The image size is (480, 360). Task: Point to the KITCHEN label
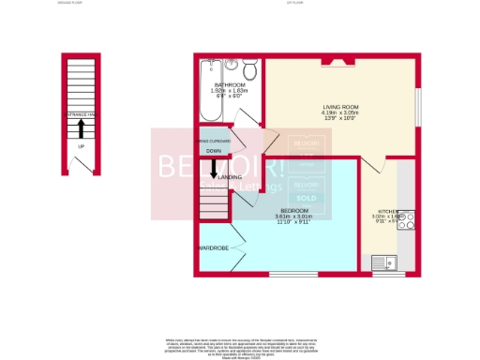click(x=387, y=212)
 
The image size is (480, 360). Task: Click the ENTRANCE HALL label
click(x=81, y=114)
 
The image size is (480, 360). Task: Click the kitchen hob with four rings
click(x=407, y=220)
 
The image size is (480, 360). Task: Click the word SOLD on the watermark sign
click(x=306, y=199)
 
